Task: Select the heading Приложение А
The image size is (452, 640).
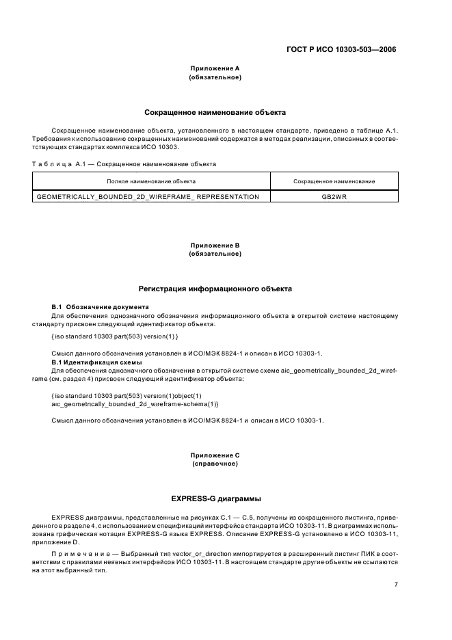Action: pos(215,68)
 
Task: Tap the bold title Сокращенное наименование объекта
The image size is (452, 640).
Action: pos(215,111)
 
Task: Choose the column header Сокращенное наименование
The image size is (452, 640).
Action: pos(334,181)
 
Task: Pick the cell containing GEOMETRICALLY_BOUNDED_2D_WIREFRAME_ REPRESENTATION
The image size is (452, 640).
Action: pos(147,197)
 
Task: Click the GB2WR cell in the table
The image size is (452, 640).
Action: pos(334,197)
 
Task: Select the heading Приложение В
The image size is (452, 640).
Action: pos(215,245)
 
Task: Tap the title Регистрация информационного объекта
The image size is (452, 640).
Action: pos(215,289)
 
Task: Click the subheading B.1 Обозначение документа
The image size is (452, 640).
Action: pos(101,306)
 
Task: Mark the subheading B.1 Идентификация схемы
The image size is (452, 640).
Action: pos(97,362)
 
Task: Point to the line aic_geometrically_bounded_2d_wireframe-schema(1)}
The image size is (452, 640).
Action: pos(115,405)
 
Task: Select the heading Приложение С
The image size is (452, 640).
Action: pos(215,455)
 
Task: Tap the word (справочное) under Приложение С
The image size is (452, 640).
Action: pos(215,464)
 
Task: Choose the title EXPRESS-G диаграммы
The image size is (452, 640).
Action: pos(215,498)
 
